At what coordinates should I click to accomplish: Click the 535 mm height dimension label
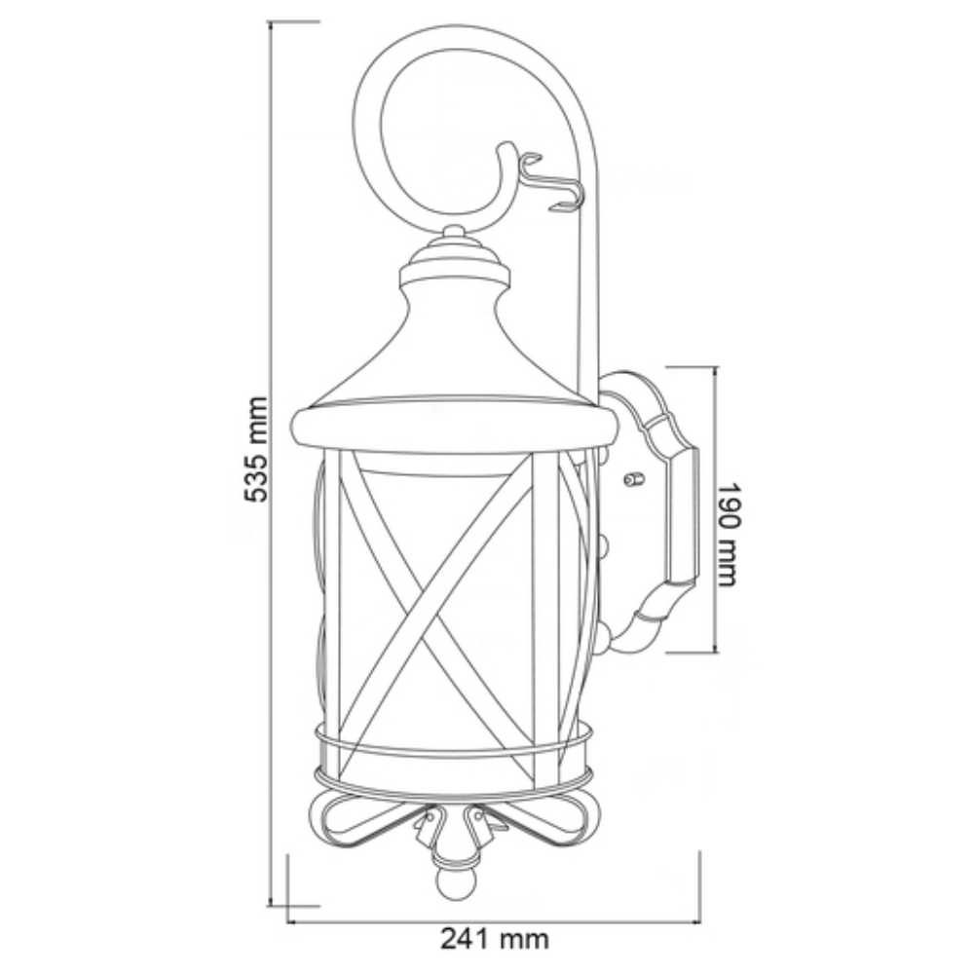tap(256, 449)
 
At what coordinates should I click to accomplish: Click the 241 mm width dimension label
tap(494, 939)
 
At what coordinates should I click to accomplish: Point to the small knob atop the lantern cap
tap(454, 233)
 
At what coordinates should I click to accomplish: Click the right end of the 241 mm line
tap(699, 920)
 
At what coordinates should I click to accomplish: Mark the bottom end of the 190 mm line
tap(716, 652)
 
